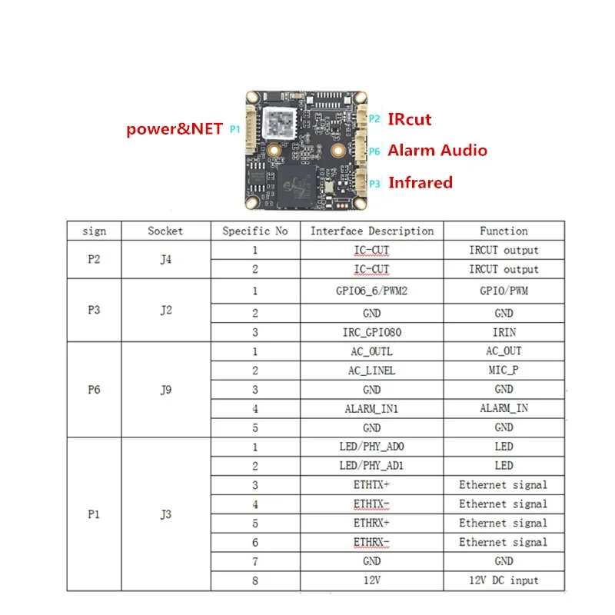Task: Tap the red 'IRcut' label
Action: [x=409, y=119]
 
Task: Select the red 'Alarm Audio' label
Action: [x=437, y=150]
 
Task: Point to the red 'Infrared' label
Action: [x=420, y=182]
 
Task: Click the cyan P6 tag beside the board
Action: [x=374, y=151]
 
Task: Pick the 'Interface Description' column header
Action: [x=372, y=231]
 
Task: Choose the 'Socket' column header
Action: [x=165, y=231]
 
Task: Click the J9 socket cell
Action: [x=165, y=389]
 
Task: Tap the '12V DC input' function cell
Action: [x=504, y=580]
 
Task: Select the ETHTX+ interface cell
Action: [x=372, y=485]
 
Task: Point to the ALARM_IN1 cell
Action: [x=372, y=408]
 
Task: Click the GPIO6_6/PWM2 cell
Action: [x=372, y=291]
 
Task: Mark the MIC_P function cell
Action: [x=504, y=370]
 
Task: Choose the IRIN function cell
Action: [x=504, y=332]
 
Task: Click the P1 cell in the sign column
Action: [x=93, y=514]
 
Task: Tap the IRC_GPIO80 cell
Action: [x=372, y=332]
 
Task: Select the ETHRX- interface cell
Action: [x=372, y=542]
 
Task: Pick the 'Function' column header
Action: [x=504, y=231]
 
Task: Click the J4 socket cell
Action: [x=165, y=259]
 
